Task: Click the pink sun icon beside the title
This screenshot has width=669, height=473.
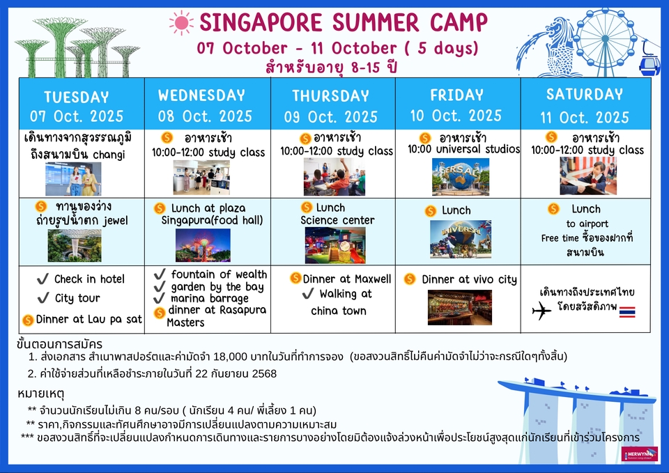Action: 181,23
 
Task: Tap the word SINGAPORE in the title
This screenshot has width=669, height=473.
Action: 261,22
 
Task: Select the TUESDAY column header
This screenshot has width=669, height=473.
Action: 77,98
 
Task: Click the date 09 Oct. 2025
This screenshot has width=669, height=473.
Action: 331,117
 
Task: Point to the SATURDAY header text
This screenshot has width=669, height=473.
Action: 585,94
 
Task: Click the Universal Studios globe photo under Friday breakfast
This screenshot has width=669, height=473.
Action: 461,176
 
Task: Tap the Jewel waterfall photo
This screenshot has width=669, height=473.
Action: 75,245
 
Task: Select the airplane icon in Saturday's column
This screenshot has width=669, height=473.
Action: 541,310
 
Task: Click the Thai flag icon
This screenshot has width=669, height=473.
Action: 627,312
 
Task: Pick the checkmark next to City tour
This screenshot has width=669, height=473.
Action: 43,297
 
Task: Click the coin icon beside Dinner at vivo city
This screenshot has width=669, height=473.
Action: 410,279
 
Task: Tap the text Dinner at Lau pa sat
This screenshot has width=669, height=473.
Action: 89,319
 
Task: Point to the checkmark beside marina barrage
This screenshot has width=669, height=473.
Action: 159,297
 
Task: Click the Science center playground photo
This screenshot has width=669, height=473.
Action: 335,245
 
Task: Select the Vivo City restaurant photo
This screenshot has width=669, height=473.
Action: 460,307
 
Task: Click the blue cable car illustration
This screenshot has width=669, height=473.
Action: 649,64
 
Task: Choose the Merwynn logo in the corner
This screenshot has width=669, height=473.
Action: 640,453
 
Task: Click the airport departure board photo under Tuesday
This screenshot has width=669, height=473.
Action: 73,179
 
